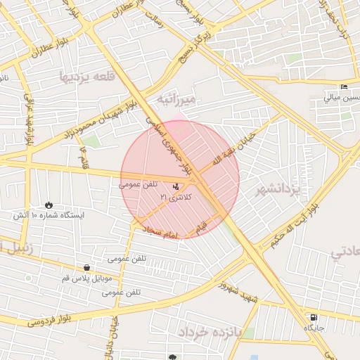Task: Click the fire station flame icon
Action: (49, 205)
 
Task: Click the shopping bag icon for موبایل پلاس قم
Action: (86, 267)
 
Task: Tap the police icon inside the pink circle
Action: (175, 186)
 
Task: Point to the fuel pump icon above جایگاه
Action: (313, 317)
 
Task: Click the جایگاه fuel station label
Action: (313, 328)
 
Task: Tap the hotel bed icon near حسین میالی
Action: (344, 87)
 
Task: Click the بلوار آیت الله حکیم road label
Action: (292, 226)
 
